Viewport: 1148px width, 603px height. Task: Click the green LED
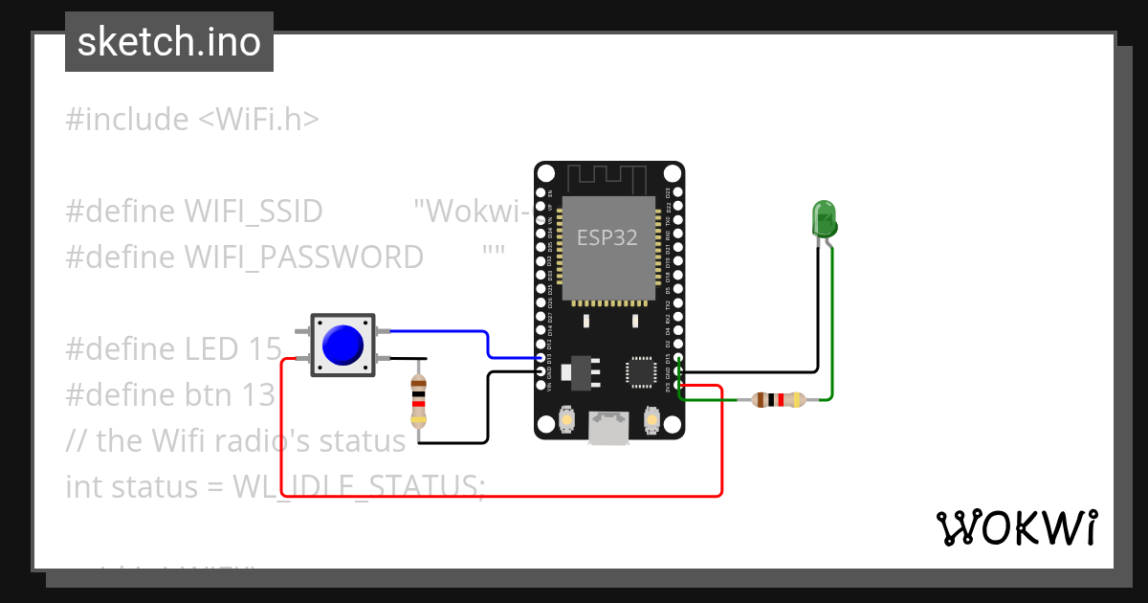tap(824, 218)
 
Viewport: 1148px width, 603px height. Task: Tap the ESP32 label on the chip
tap(607, 237)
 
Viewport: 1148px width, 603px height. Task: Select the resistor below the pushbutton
tap(418, 401)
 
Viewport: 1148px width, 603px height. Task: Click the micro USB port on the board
tap(608, 427)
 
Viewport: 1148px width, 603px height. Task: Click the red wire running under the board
tap(497, 496)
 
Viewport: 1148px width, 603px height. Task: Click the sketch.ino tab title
tap(169, 42)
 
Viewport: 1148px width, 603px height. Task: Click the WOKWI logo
tap(1016, 528)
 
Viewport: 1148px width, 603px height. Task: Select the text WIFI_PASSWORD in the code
tap(303, 257)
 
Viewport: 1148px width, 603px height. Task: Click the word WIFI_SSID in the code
tap(253, 211)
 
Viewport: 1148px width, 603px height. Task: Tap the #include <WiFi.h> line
tap(192, 120)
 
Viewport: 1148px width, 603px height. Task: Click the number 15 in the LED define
tap(263, 349)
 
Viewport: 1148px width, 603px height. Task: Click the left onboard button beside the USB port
tap(566, 419)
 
